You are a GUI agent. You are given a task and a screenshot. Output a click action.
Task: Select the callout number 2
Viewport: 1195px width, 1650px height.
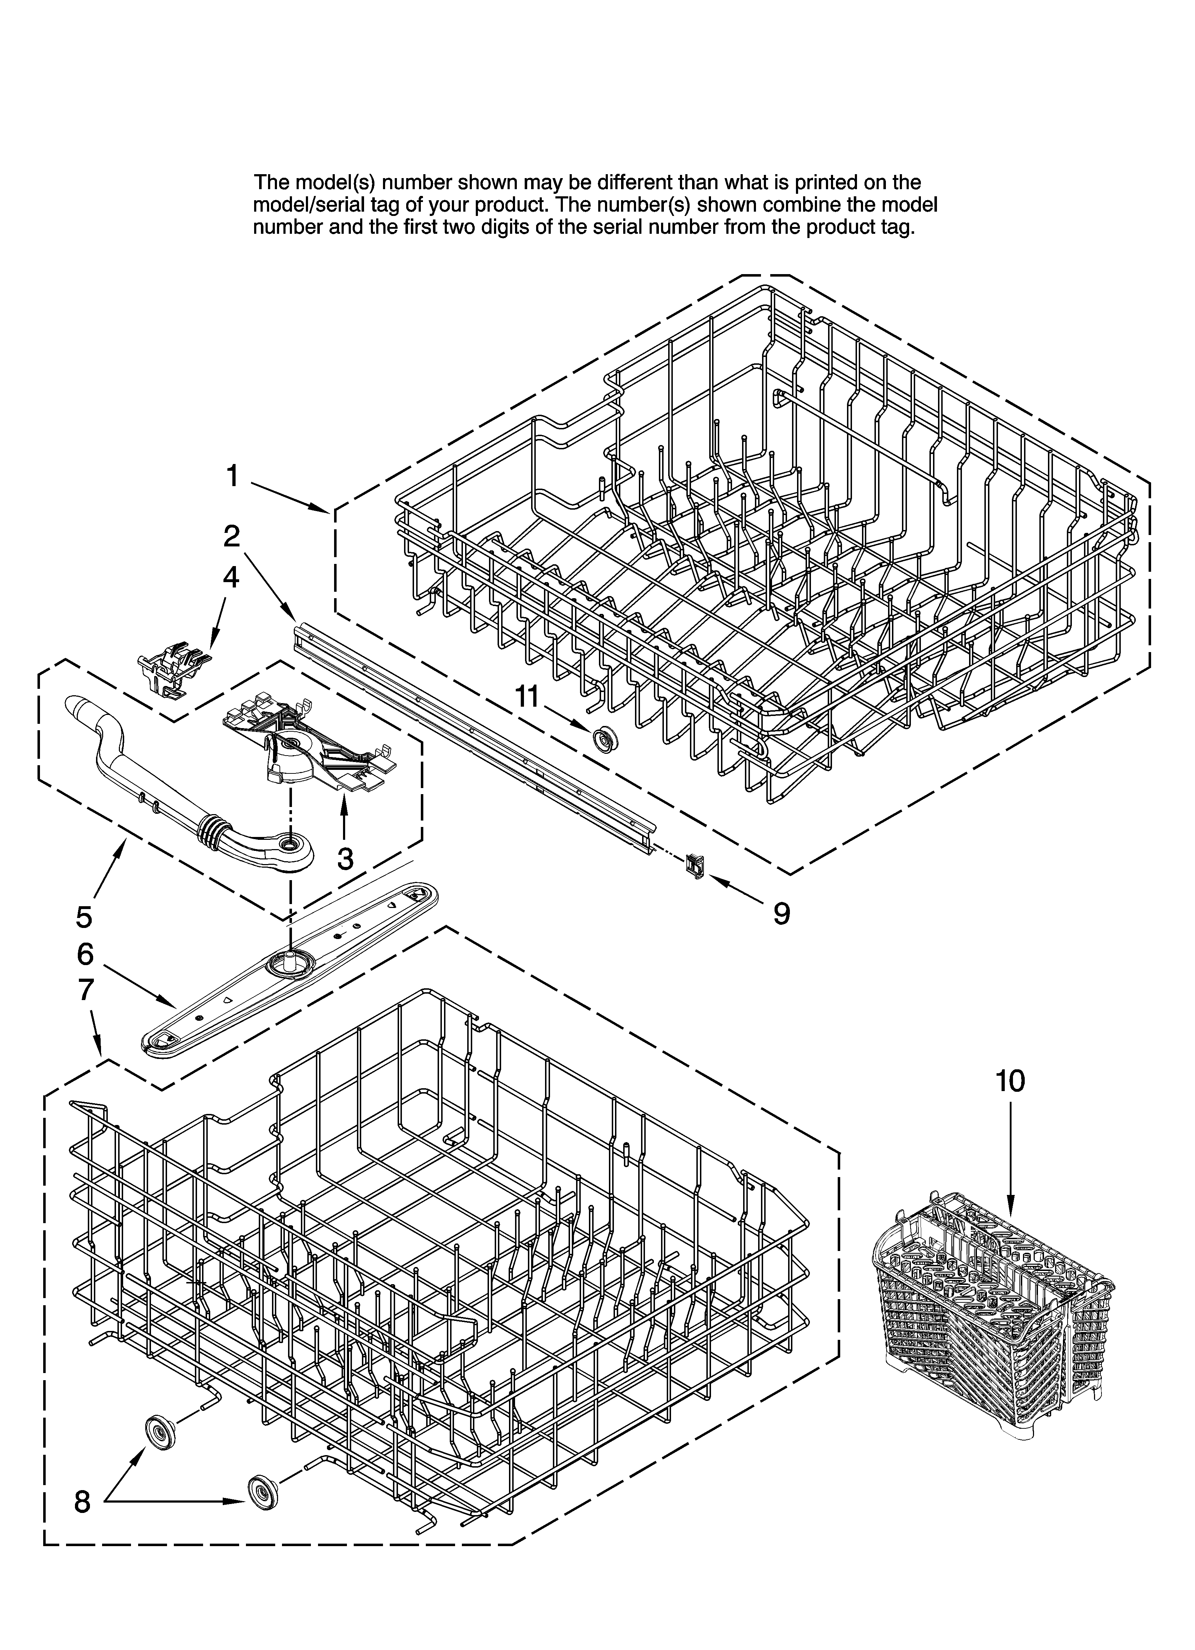[231, 536]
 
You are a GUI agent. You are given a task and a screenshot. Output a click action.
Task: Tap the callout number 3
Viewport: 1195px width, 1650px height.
[345, 858]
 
